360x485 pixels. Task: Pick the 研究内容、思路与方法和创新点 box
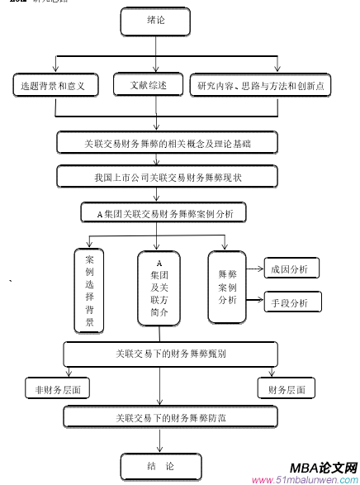pyautogui.click(x=260, y=84)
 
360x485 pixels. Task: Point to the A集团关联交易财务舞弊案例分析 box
pyautogui.click(x=165, y=213)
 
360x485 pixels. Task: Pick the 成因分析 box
pyautogui.click(x=291, y=269)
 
